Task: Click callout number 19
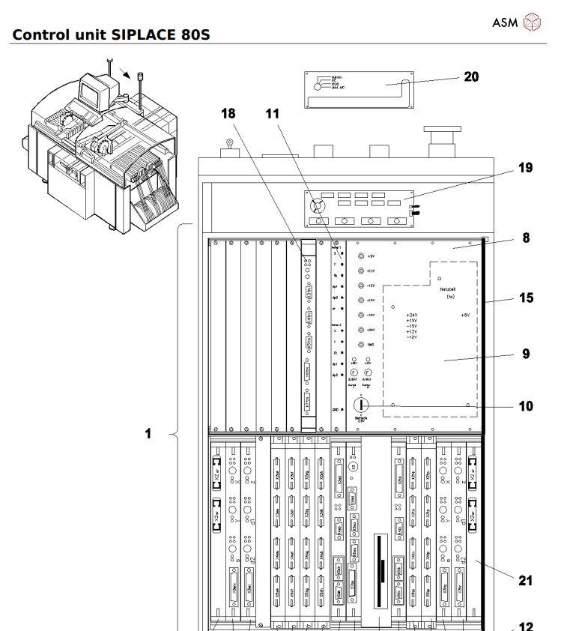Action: (x=527, y=169)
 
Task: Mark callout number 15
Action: (x=527, y=298)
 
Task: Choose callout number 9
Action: (x=527, y=352)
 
